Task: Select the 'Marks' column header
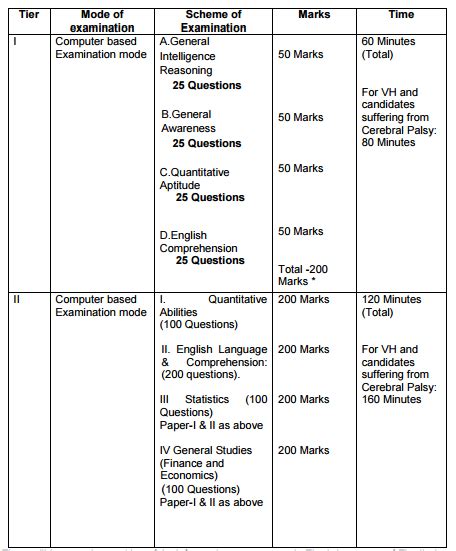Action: point(314,14)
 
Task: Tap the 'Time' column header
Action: point(400,14)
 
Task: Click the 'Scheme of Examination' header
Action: point(214,21)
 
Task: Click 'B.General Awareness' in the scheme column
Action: point(185,121)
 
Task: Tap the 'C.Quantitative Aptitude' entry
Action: point(194,179)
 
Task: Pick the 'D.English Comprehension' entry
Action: point(198,241)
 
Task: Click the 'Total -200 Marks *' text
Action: point(302,275)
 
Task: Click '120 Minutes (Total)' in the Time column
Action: point(391,305)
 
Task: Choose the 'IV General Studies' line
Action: point(205,450)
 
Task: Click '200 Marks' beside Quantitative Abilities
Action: point(303,299)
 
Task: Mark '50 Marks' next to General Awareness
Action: point(300,117)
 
